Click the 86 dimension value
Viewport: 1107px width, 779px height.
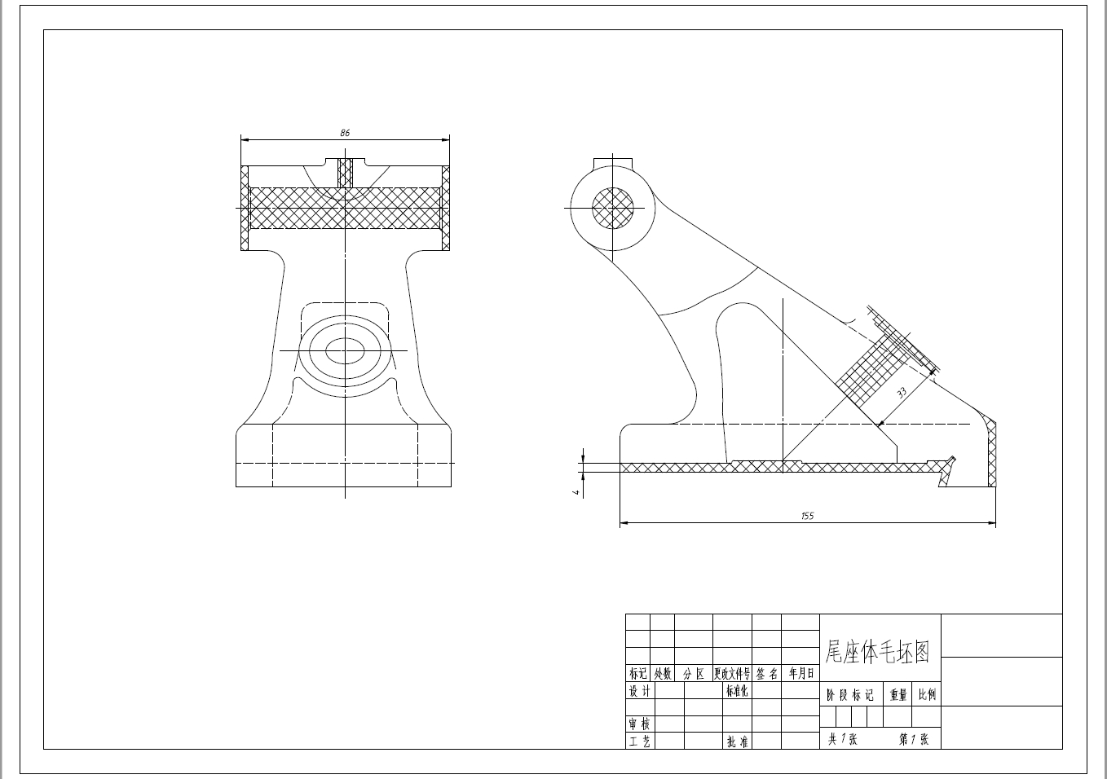[345, 132]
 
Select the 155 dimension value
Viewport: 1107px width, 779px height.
[807, 516]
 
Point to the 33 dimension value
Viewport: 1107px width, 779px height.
[902, 392]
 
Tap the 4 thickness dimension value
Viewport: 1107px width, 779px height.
[576, 491]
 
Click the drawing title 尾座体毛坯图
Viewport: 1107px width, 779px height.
[877, 651]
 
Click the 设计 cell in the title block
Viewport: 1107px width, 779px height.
[639, 691]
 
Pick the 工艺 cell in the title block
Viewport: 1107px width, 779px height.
[639, 742]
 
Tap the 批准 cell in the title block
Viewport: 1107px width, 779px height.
[738, 742]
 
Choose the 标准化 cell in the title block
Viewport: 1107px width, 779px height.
[737, 691]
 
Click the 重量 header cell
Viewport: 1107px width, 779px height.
[898, 695]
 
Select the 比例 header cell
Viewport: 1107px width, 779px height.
[927, 695]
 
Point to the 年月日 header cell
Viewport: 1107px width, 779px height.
[800, 674]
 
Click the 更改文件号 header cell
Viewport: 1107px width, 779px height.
[731, 674]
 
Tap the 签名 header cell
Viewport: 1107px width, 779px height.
[766, 674]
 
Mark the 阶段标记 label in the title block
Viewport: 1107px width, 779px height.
[850, 695]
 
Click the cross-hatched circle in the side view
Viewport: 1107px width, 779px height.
[612, 207]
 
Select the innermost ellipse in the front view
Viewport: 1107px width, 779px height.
[346, 351]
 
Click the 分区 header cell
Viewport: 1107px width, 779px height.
[693, 674]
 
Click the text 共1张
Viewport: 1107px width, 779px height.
[842, 739]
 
